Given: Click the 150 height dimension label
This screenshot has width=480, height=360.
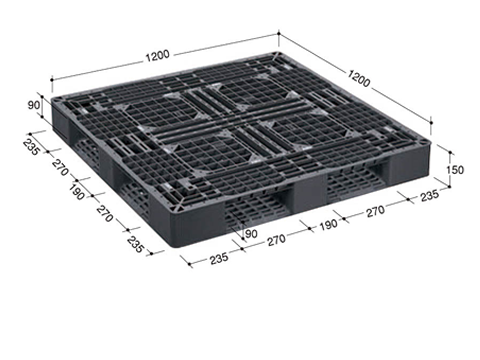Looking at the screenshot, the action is pyautogui.click(x=455, y=170).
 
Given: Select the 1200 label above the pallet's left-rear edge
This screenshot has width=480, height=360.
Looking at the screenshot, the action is pyautogui.click(x=157, y=56).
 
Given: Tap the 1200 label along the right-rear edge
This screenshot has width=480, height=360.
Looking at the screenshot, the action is pyautogui.click(x=359, y=78).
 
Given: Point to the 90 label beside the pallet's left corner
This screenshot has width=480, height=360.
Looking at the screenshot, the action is pyautogui.click(x=34, y=105).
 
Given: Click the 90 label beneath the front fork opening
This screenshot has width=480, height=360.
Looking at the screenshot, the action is pyautogui.click(x=251, y=234).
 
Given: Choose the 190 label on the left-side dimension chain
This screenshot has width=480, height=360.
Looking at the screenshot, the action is pyautogui.click(x=77, y=192).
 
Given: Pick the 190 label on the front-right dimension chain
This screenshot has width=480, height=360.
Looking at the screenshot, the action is pyautogui.click(x=328, y=225).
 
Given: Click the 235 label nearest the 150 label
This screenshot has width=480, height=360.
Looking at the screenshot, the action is pyautogui.click(x=429, y=195).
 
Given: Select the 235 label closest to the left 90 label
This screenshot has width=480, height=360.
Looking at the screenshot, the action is pyautogui.click(x=31, y=147).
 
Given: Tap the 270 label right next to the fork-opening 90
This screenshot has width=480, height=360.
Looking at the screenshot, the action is pyautogui.click(x=276, y=240).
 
